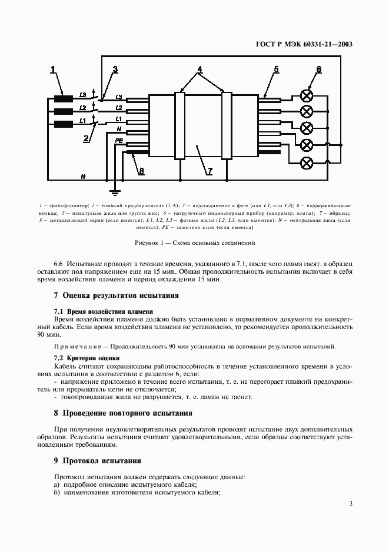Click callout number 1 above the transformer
point(53,70)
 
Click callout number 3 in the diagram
point(115,70)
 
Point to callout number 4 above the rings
point(200,70)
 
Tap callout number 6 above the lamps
point(318,70)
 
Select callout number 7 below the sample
point(208,171)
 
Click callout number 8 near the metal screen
point(141,171)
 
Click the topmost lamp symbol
point(306,95)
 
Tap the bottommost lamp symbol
point(306,162)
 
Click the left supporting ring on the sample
point(180,125)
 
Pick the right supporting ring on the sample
point(226,125)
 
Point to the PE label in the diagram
point(118,141)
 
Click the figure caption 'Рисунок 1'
point(194,243)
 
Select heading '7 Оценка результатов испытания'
point(116,295)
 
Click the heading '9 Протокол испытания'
point(97,460)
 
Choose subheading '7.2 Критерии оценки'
point(87,357)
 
